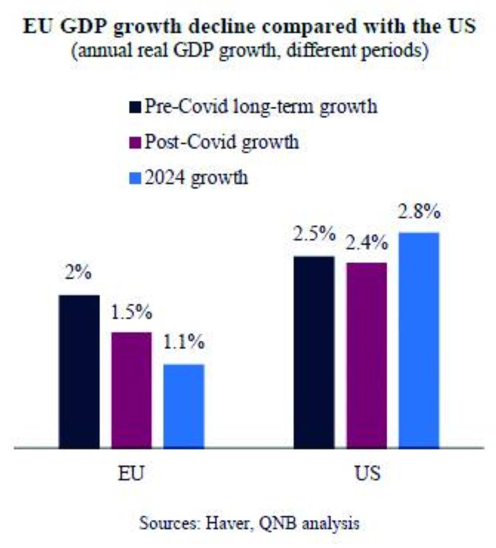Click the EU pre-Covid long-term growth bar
(79, 371)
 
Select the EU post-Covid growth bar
(131, 390)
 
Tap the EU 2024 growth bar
(184, 406)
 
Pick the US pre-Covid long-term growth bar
(314, 352)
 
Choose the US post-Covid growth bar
(367, 355)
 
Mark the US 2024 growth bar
(419, 340)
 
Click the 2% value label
(79, 274)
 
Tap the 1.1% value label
(184, 343)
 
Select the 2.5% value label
(314, 235)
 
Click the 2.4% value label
(367, 243)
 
